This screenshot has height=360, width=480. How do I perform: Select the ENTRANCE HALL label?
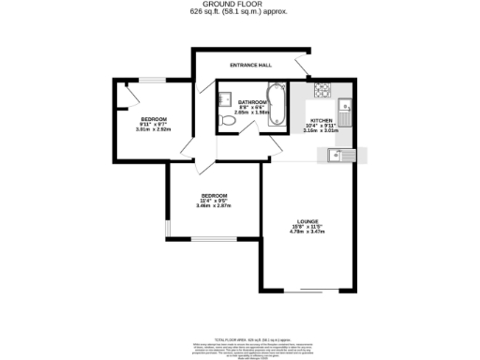[250, 65]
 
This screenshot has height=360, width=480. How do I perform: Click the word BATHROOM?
[252, 102]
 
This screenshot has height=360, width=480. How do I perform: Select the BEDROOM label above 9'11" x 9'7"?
[154, 119]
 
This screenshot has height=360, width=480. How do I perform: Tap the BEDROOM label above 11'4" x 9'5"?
[214, 195]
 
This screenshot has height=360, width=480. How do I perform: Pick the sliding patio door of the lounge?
[310, 289]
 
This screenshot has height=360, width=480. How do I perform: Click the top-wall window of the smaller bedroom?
[149, 80]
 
